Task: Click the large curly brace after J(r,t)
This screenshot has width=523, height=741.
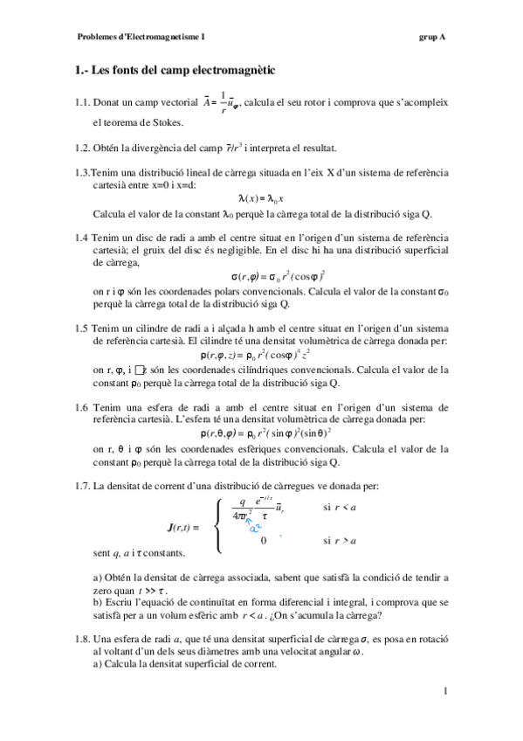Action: coord(216,524)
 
